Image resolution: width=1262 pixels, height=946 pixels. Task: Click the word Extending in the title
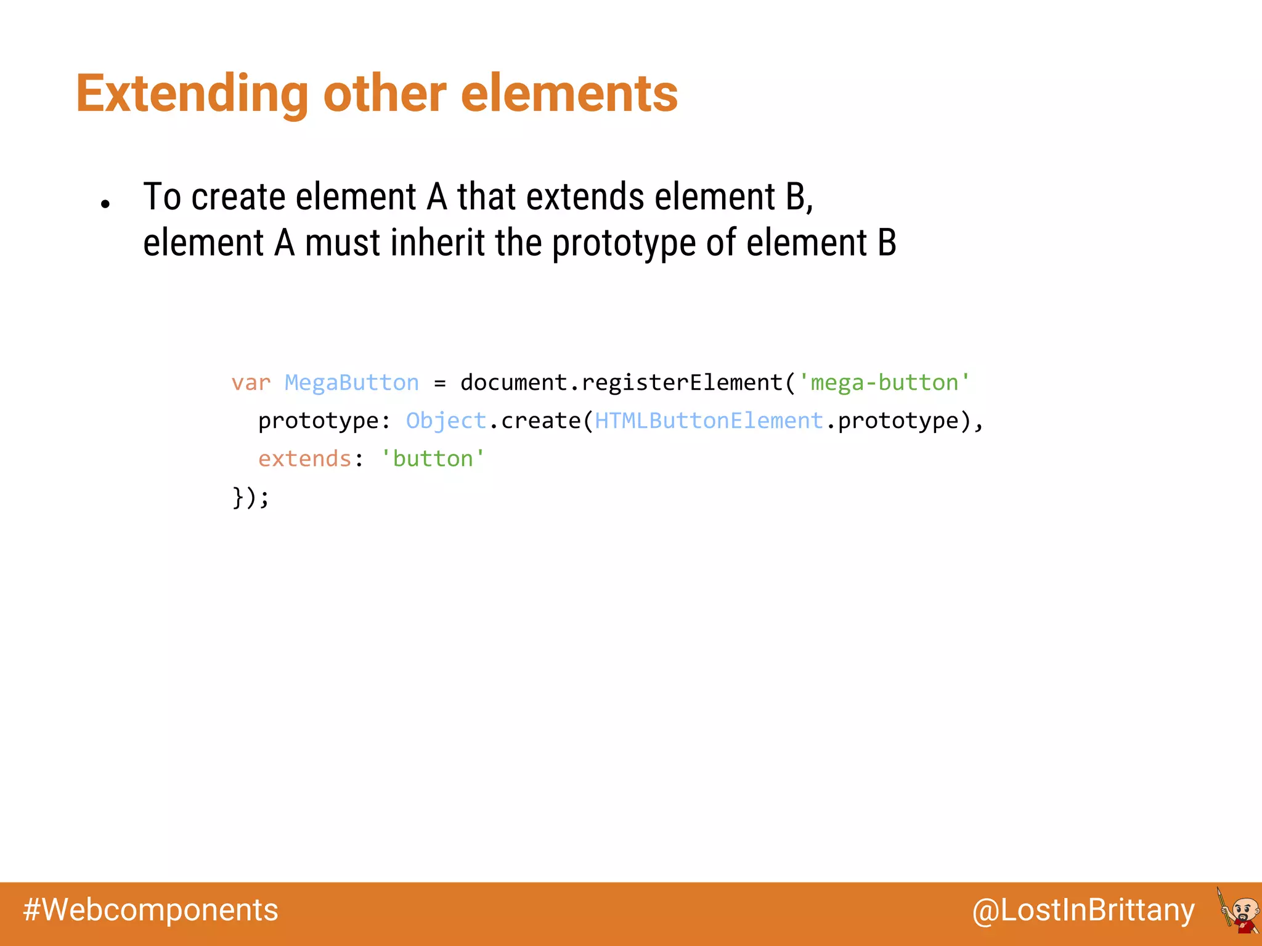[x=192, y=94]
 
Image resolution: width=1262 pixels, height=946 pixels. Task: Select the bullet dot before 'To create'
[x=105, y=204]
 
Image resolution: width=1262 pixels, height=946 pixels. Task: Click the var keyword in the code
[x=251, y=383]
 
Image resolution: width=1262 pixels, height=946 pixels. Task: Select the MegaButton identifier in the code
[x=351, y=383]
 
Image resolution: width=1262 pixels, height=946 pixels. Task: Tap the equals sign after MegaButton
[x=439, y=384]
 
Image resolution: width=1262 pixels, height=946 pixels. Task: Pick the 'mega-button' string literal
[x=884, y=383]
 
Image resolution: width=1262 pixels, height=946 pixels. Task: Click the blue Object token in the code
[x=446, y=421]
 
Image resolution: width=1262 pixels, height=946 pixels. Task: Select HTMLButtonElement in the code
[x=709, y=421]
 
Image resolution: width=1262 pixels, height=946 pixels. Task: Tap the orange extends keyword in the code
[x=304, y=459]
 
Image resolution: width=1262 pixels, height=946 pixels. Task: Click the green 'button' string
[x=433, y=459]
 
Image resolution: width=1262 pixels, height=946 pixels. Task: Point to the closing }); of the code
[x=251, y=497]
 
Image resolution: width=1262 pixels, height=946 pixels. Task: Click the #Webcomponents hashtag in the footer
[x=150, y=910]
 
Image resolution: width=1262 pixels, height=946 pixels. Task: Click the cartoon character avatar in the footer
[x=1239, y=911]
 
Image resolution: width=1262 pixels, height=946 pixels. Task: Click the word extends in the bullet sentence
[x=585, y=197]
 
